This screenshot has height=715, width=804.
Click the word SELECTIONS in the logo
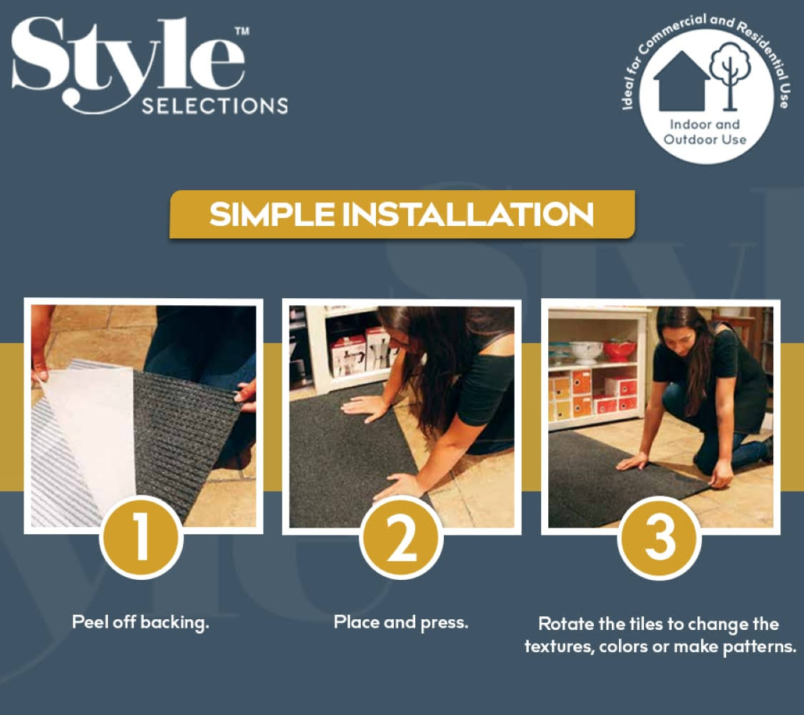point(215,106)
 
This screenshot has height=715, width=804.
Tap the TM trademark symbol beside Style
point(242,31)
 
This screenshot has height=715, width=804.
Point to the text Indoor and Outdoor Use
point(705,132)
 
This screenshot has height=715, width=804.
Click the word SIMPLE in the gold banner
point(272,214)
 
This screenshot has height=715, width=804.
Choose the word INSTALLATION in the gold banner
point(467,214)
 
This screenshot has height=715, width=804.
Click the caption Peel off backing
point(141,622)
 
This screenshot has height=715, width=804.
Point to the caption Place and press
point(401,622)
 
